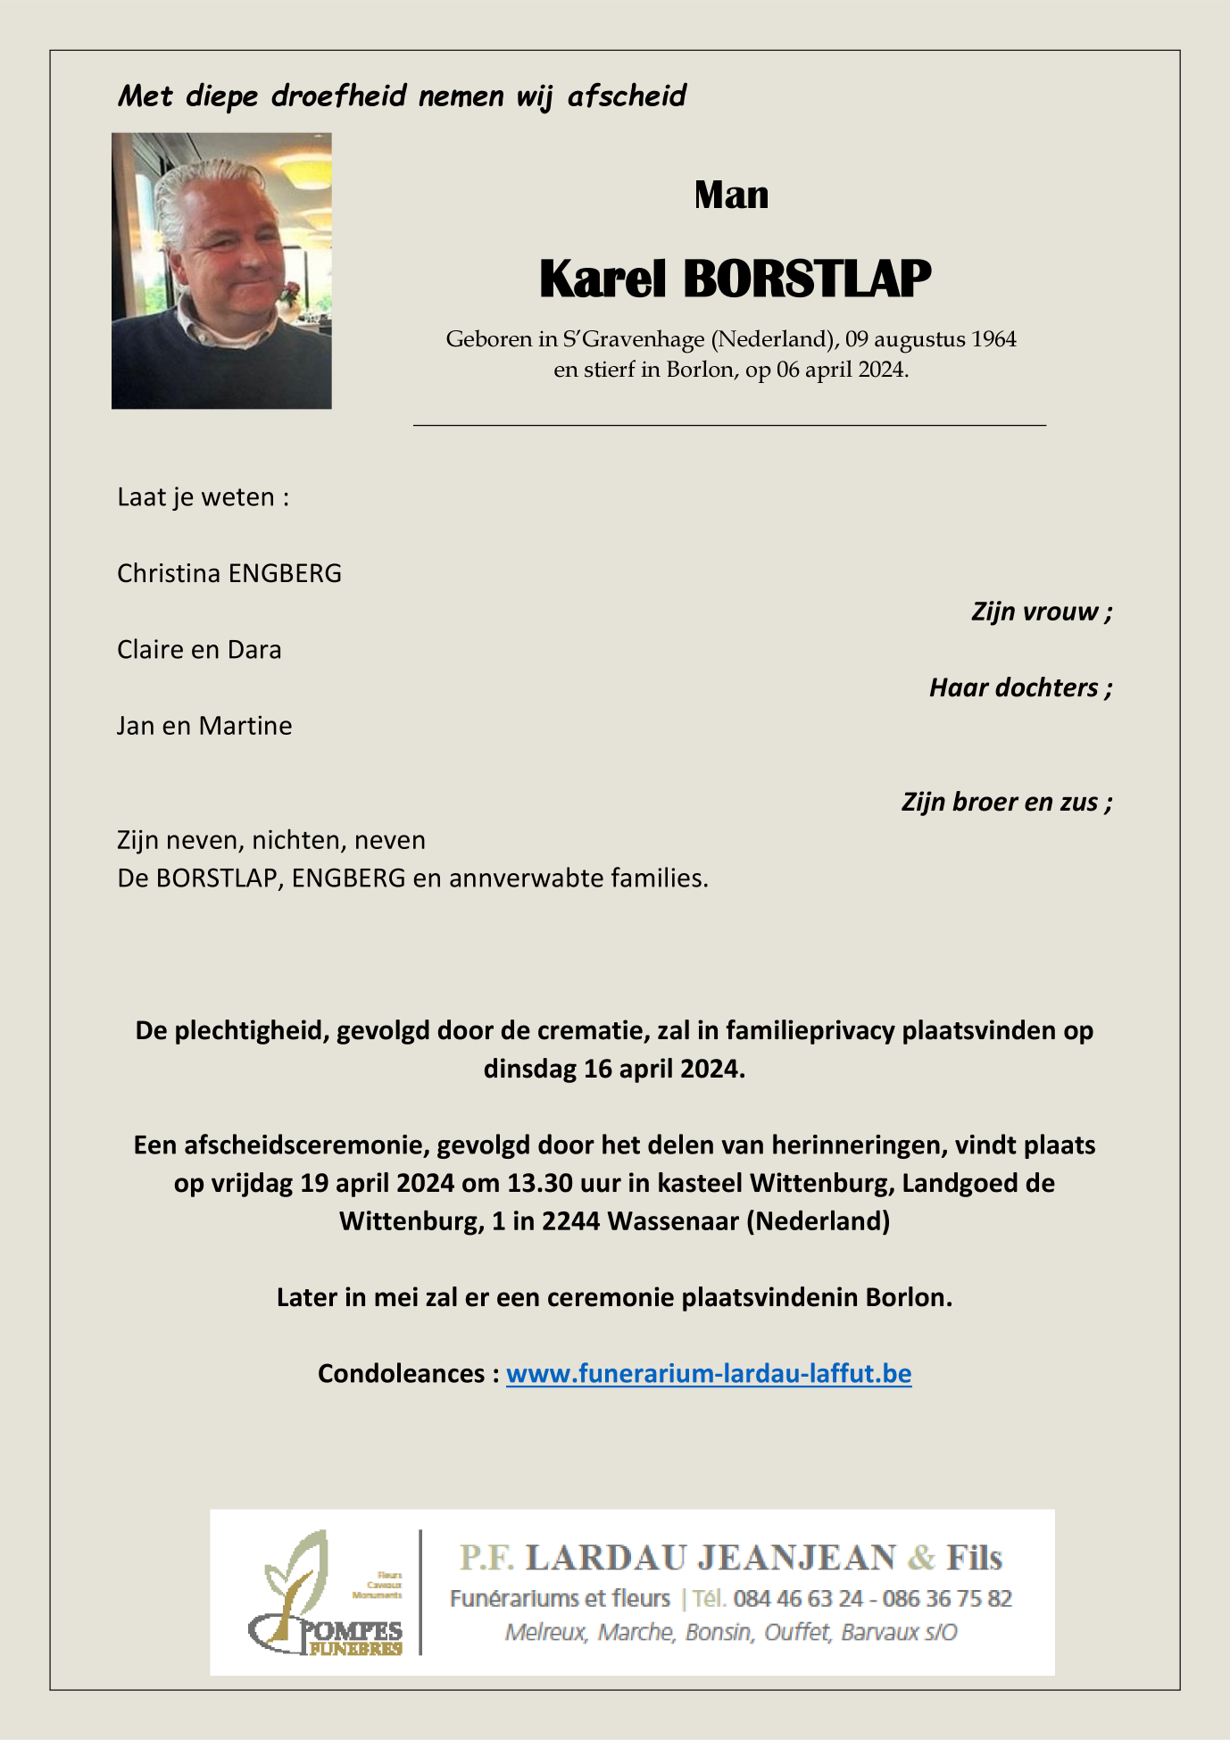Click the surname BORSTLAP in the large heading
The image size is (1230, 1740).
pos(807,279)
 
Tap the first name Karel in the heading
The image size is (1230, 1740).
pos(603,279)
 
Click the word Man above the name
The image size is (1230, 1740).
pos(731,196)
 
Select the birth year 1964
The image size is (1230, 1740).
pos(993,339)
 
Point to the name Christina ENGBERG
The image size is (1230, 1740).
pos(229,573)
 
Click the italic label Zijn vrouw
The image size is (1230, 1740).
pos(1041,612)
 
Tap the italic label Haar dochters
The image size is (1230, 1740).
pos(1020,687)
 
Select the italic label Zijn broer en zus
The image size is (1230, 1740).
pos(1006,802)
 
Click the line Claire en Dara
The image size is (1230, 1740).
pos(199,649)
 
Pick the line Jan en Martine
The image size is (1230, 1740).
pos(204,726)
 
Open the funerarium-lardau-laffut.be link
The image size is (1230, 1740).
pos(709,1373)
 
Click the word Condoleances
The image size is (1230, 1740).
pos(401,1373)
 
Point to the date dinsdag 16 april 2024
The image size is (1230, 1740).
pos(614,1069)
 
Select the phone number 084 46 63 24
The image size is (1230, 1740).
pos(798,1598)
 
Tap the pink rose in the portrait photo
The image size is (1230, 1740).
pos(287,292)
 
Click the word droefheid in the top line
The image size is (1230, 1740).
pos(339,96)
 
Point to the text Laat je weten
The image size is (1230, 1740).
pos(203,497)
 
